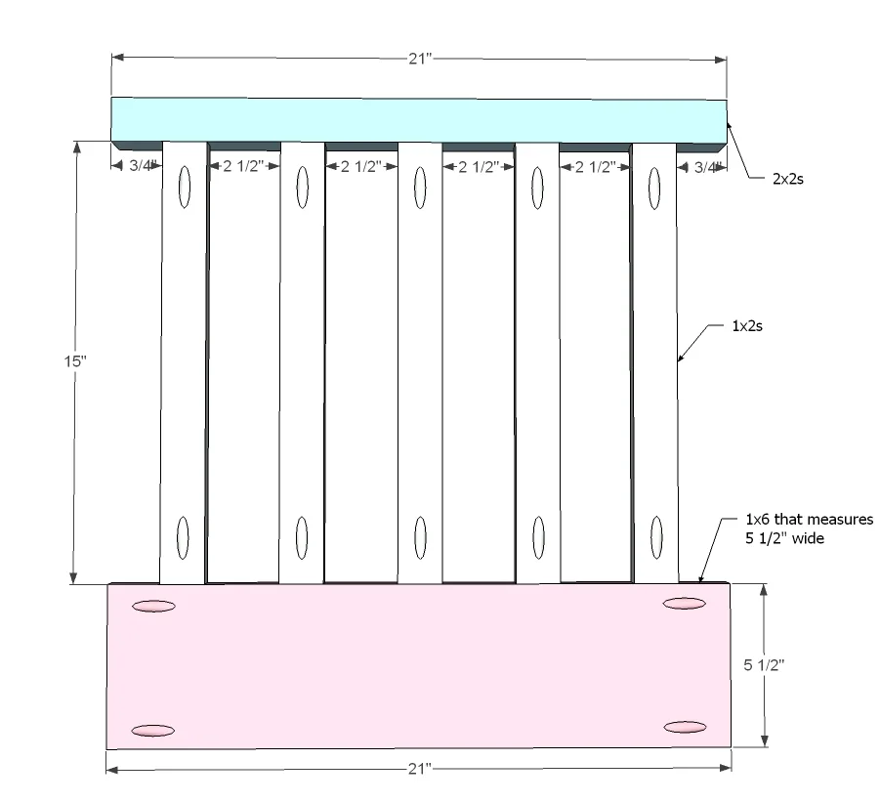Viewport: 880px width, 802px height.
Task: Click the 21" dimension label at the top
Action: pos(420,59)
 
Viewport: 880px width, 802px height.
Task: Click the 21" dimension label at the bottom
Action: pos(420,769)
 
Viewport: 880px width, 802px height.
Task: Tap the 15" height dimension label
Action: pos(75,360)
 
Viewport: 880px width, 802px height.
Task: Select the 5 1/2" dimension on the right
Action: pos(764,665)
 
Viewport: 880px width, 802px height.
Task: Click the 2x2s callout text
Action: pos(788,179)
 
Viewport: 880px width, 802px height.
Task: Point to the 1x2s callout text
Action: pos(747,326)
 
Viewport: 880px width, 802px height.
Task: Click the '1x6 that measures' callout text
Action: pos(809,519)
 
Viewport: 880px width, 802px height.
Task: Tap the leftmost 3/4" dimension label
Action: pos(141,165)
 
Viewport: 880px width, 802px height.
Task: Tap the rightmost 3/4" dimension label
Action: pos(706,167)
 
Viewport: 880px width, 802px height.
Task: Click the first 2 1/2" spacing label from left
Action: pos(243,166)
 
